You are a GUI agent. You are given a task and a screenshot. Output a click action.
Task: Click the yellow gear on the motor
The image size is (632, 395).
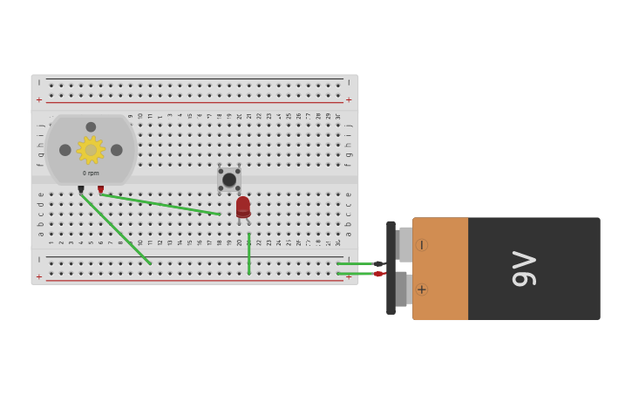point(91,150)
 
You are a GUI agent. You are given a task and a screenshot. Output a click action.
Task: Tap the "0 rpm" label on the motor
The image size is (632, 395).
point(91,173)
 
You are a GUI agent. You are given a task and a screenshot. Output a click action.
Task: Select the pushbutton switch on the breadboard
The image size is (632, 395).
point(229,180)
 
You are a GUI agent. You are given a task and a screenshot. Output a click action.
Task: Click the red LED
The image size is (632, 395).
point(243,207)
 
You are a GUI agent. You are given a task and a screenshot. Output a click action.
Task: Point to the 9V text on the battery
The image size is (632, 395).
point(524,269)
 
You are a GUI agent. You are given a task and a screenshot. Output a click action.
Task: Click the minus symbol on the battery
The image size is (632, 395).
point(422,245)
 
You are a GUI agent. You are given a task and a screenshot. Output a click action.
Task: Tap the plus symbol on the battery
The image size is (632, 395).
point(422,289)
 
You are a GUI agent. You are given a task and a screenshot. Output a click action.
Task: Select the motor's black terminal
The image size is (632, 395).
point(81,188)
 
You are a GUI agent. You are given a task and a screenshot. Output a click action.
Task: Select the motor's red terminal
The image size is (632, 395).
point(100,188)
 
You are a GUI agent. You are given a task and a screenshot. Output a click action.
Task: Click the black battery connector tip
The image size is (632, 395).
point(378,263)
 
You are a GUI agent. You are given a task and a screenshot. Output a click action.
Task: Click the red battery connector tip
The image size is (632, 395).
point(379,274)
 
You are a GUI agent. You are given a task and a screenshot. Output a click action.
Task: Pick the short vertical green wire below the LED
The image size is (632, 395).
point(248,254)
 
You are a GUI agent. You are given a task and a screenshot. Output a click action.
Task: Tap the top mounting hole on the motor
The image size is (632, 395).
point(91,127)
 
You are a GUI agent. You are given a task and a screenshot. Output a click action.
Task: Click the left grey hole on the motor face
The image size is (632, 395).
point(65,150)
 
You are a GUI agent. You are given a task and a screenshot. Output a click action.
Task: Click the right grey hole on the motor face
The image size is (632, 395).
point(117,150)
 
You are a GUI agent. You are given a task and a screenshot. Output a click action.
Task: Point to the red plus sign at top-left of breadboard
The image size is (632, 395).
point(38,99)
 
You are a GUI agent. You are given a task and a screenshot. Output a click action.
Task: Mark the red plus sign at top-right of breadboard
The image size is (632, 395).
point(349,99)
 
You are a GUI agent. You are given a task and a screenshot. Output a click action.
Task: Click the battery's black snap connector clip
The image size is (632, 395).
point(391,268)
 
